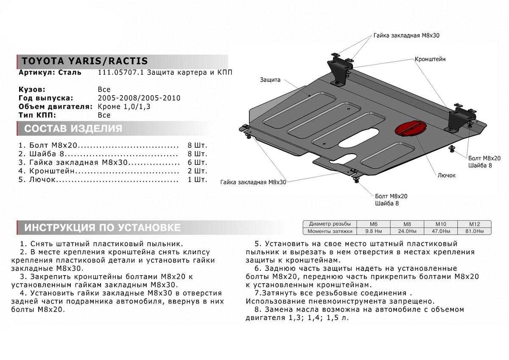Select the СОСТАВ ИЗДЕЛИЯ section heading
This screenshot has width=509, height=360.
[x=73, y=129]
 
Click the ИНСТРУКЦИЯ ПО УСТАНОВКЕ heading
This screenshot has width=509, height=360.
[x=102, y=228]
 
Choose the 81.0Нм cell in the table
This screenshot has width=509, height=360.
[x=474, y=231]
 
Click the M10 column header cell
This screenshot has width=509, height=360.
[x=440, y=224]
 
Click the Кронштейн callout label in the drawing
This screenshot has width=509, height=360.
[x=430, y=59]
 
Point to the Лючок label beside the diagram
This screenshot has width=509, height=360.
[x=446, y=175]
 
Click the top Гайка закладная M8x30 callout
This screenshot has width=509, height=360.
[x=406, y=36]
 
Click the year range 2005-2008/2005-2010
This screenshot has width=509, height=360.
[x=139, y=98]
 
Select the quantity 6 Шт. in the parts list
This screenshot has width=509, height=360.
[x=197, y=163]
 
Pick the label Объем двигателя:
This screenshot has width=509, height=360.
[x=55, y=107]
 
